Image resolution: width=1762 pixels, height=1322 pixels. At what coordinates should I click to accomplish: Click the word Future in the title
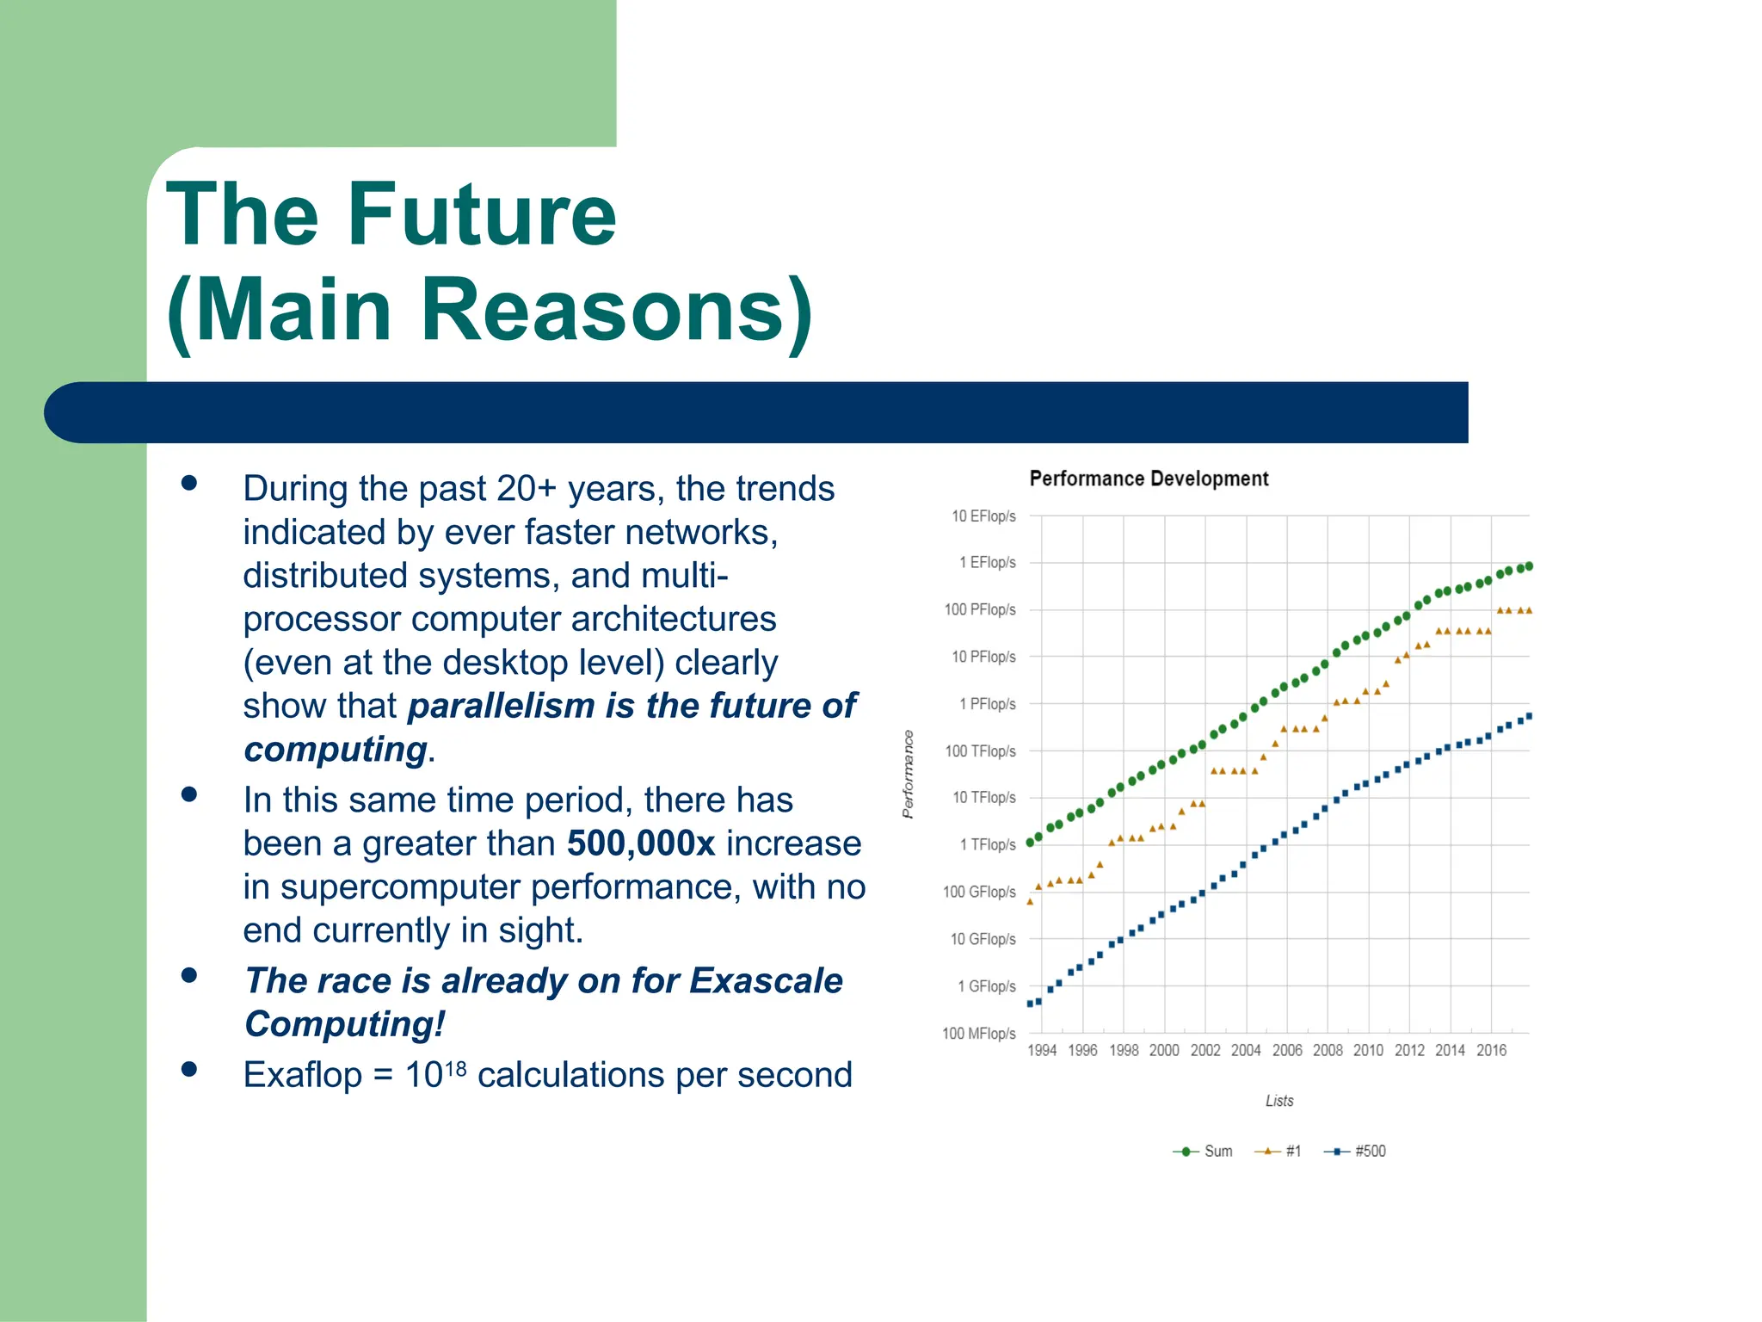pos(482,214)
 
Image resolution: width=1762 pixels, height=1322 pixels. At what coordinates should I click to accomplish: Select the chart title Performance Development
pos(1149,479)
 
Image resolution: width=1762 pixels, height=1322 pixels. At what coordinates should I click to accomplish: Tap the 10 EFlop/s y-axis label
pos(983,516)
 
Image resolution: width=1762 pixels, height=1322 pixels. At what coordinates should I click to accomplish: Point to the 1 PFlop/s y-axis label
pos(987,704)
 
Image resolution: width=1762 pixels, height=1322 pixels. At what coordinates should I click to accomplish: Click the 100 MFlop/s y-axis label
pos(979,1033)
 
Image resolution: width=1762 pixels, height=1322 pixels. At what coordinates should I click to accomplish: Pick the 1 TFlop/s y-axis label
pos(987,845)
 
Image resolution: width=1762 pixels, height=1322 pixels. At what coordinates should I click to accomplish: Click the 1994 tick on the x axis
pos(1042,1050)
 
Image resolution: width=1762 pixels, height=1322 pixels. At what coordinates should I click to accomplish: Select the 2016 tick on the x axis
pos(1491,1050)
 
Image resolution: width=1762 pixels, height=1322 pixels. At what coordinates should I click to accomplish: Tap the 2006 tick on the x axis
pos(1287,1050)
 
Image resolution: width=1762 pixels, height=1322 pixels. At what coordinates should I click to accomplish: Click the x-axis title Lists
pos(1279,1101)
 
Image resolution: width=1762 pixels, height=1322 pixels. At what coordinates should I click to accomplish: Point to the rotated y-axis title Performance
pos(908,774)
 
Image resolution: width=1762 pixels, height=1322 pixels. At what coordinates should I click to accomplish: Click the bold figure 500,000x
pos(641,843)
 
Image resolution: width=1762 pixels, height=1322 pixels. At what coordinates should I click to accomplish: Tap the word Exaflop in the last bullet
pos(302,1075)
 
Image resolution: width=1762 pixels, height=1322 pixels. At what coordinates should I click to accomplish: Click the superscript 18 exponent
pos(456,1068)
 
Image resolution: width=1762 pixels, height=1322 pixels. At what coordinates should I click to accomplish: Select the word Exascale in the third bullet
pos(766,981)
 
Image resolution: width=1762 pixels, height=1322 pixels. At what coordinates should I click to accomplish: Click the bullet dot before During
pos(189,484)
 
